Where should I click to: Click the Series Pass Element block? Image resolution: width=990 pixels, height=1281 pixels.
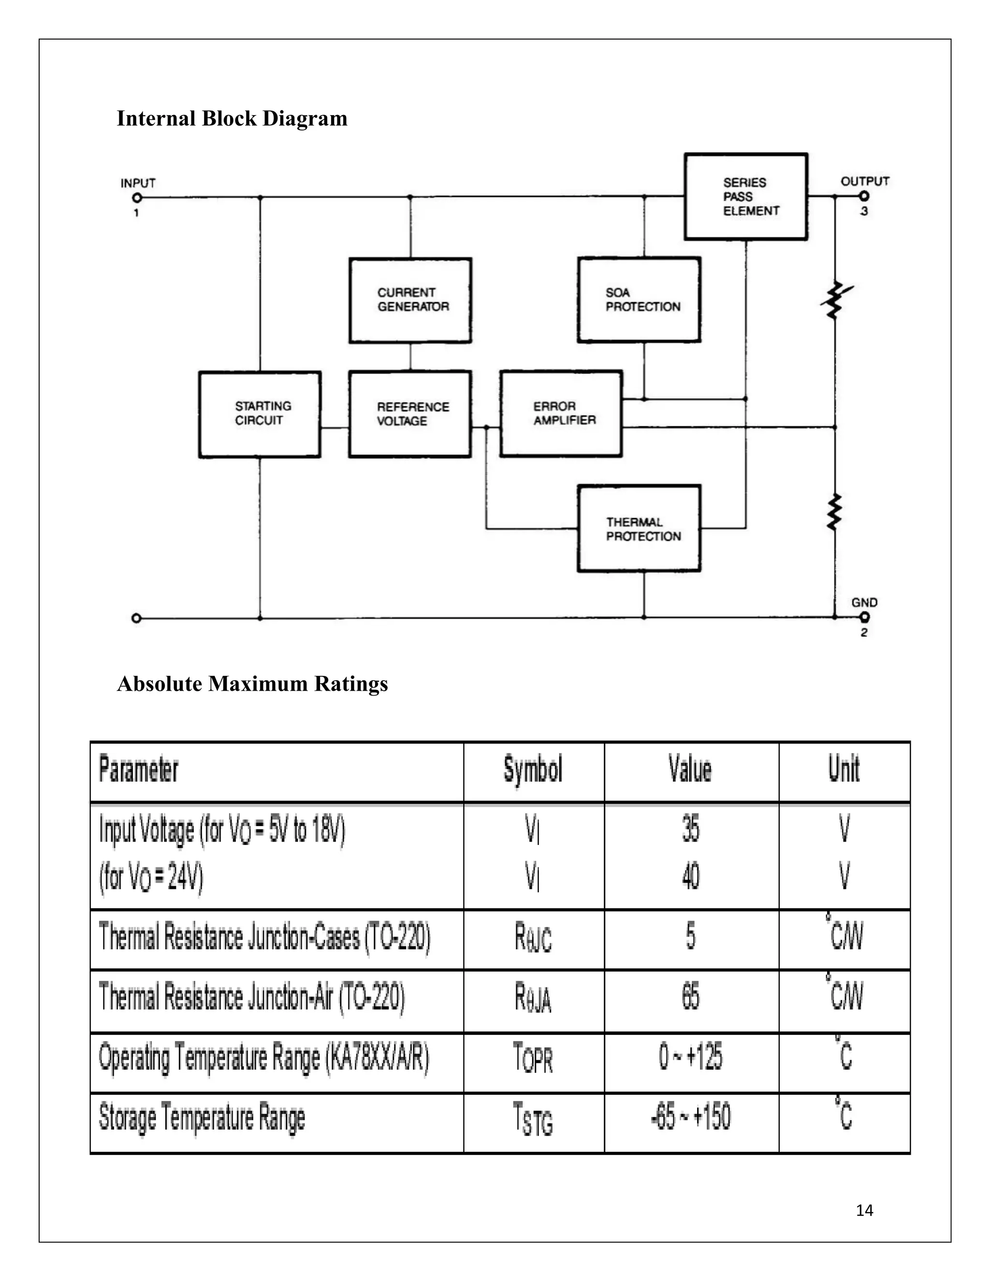745,196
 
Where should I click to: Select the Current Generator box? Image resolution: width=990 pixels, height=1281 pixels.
410,300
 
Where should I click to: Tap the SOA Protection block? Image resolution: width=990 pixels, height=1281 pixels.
639,300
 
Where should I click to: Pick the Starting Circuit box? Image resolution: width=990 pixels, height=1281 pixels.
260,414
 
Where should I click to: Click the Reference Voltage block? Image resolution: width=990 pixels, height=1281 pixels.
410,414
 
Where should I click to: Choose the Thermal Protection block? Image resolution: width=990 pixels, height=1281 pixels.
639,528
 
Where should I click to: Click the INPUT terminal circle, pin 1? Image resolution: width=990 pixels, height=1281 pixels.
137,198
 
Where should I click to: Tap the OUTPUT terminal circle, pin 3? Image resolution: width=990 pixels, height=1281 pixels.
864,197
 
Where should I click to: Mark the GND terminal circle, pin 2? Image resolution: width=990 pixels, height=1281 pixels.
864,617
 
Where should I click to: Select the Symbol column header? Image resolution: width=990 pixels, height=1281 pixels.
533,770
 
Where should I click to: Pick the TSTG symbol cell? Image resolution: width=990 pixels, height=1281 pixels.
533,1119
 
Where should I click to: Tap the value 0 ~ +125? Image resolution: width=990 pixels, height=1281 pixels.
690,1057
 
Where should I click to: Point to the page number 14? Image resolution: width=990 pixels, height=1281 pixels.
864,1210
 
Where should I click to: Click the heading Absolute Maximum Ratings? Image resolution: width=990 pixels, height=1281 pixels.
252,684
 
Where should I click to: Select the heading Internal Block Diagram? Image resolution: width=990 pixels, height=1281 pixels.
232,118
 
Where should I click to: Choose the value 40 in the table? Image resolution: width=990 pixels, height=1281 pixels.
691,877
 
